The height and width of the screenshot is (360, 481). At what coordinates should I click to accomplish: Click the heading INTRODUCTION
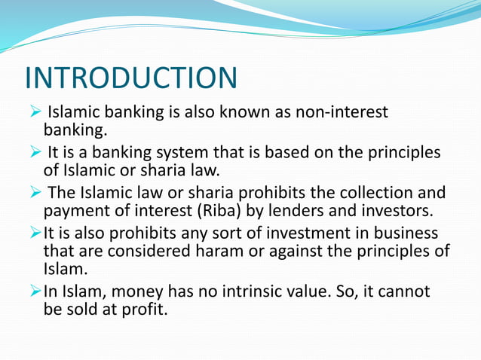[131, 78]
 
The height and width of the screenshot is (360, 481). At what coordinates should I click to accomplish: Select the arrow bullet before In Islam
[32, 291]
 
